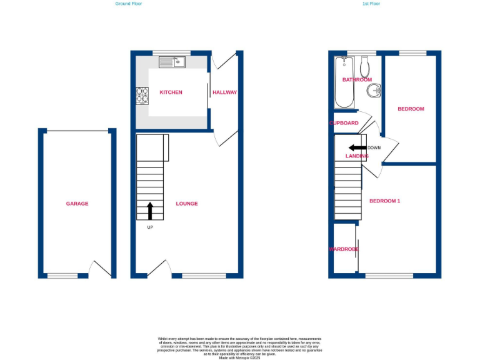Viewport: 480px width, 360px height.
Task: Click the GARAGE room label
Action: pos(77,204)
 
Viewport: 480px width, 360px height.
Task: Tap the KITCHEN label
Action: pos(171,92)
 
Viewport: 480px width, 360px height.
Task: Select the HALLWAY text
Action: pos(224,92)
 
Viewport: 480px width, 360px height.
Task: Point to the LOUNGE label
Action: pos(187,204)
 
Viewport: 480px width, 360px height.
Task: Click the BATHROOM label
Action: pos(357,80)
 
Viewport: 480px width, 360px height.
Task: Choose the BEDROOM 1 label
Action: pos(384,201)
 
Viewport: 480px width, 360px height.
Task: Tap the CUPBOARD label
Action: pos(344,123)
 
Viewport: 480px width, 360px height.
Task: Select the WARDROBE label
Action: pos(344,249)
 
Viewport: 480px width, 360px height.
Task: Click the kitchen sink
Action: pos(172,61)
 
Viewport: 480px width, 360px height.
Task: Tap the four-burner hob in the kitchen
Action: pos(142,95)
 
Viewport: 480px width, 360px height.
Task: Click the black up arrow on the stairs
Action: pos(150,211)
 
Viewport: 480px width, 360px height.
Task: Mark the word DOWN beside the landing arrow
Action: pos(374,148)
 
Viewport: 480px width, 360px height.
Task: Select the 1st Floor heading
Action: pos(371,4)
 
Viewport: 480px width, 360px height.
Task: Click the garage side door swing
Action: pos(98,269)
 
